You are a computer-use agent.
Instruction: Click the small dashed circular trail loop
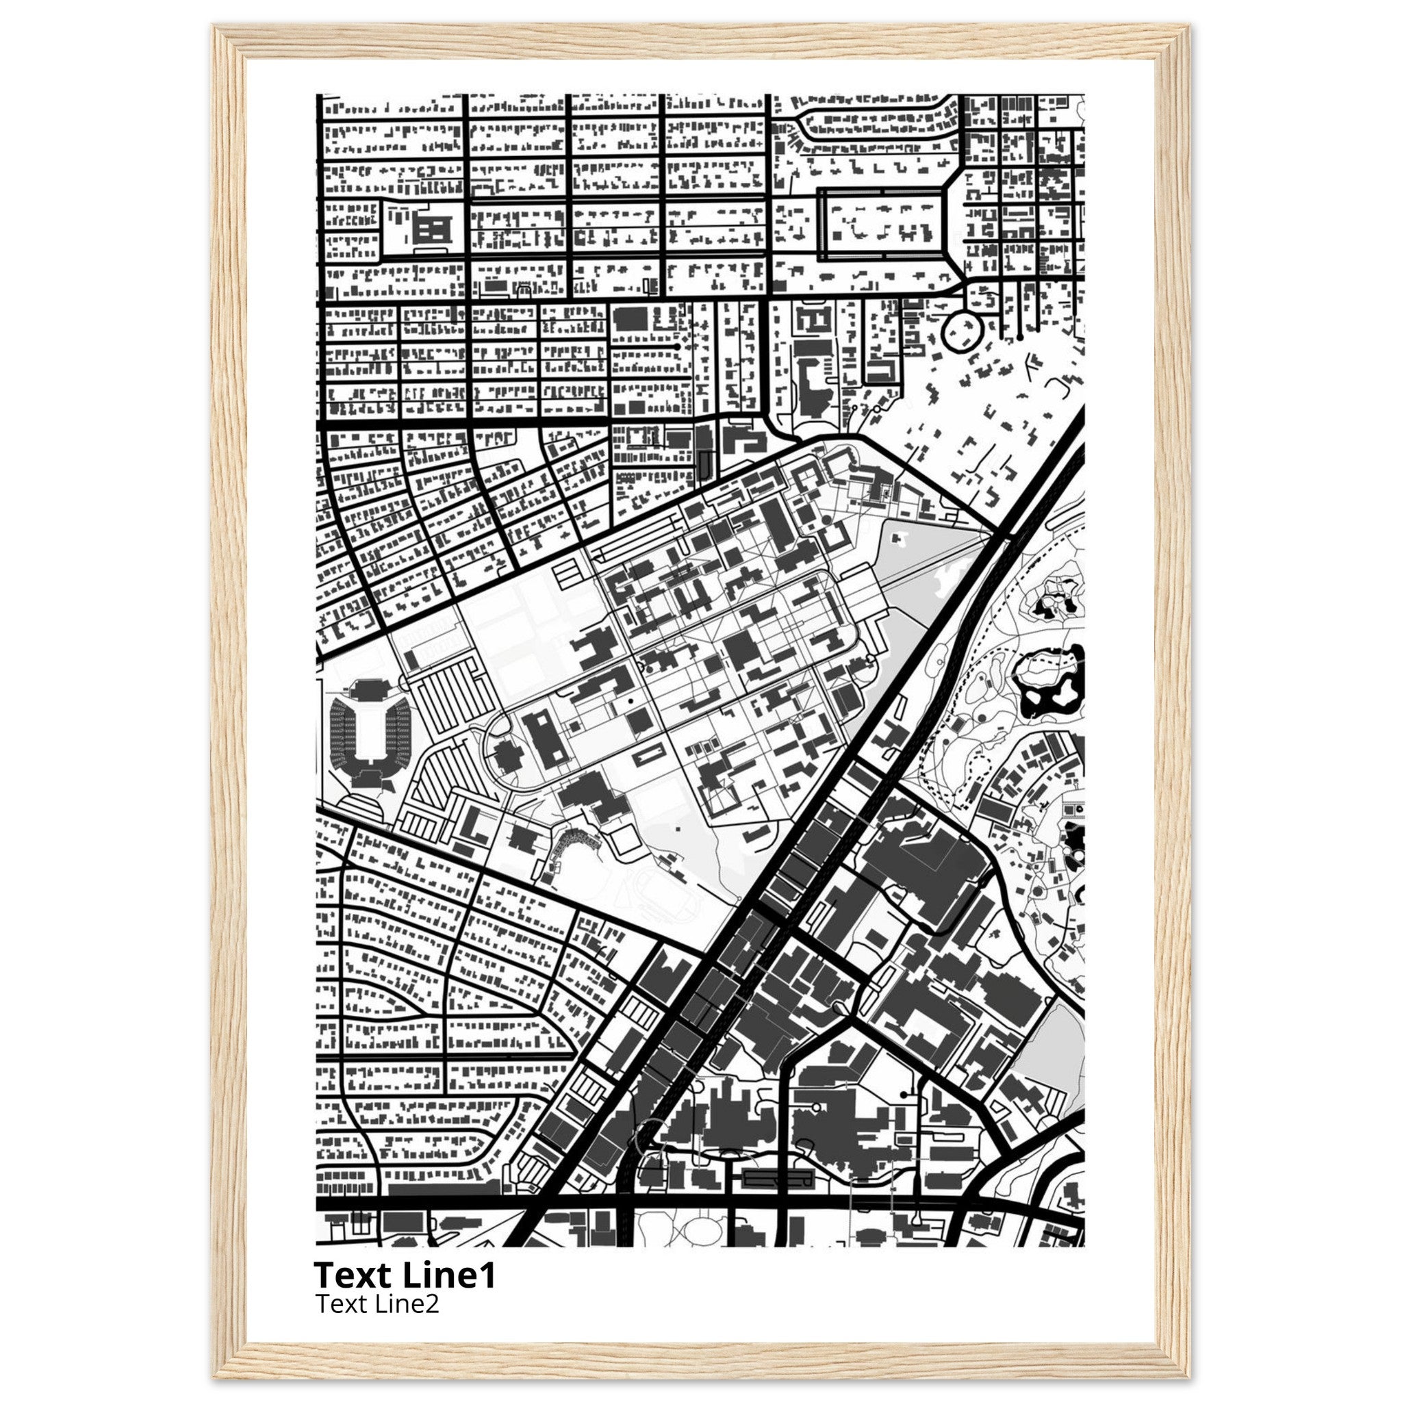tap(979, 765)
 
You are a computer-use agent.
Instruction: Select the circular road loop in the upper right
tap(962, 329)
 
